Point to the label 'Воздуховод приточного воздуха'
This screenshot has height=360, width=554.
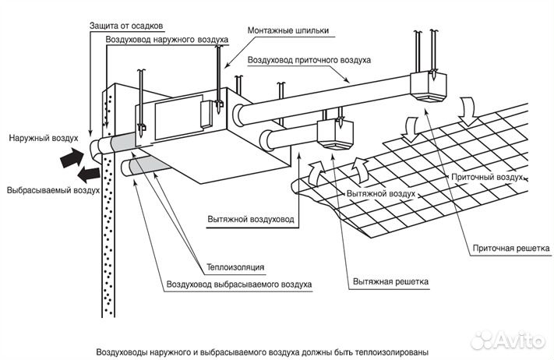coord(309,60)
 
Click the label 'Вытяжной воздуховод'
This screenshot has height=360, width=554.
coord(251,219)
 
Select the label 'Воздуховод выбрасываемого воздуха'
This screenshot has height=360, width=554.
coord(238,284)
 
